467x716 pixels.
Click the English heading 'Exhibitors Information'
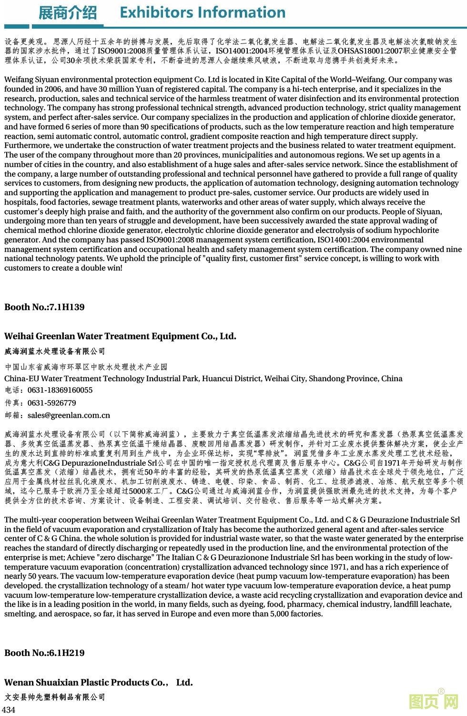(x=203, y=12)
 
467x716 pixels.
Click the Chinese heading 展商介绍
(x=67, y=13)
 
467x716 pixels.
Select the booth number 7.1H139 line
(x=44, y=307)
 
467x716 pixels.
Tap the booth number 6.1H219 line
(x=44, y=653)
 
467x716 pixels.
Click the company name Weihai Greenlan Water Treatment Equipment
(x=120, y=336)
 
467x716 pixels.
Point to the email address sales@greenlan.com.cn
(x=69, y=415)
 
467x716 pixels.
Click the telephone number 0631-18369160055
(x=60, y=390)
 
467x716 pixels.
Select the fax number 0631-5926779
(x=52, y=403)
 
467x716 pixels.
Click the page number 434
(x=9, y=709)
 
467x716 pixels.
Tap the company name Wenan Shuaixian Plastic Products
(x=98, y=683)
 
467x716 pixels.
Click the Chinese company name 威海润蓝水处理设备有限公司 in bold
(x=55, y=352)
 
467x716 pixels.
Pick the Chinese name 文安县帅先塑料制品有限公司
(x=55, y=697)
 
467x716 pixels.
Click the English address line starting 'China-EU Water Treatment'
(x=203, y=379)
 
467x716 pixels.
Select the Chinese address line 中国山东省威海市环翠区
(x=86, y=367)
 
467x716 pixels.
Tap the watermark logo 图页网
(x=433, y=702)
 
